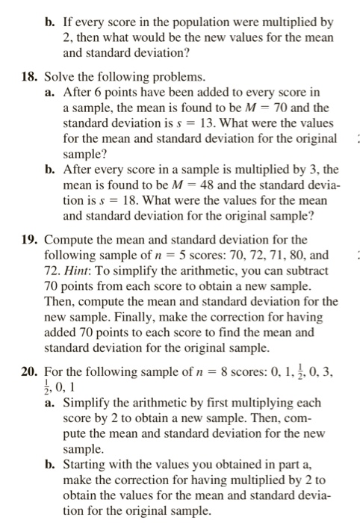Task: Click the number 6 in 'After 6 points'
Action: [x=96, y=92]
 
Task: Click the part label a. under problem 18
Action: [x=50, y=92]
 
